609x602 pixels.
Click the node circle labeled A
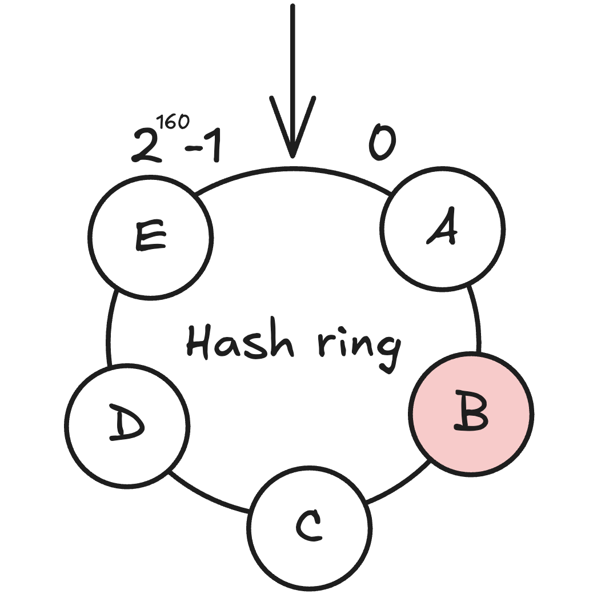tap(443, 228)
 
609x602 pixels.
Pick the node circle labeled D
tap(127, 426)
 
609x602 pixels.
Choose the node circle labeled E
tap(151, 237)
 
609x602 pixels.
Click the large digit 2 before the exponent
tap(145, 146)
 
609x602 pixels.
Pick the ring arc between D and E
tap(109, 328)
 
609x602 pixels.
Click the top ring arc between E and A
tap(293, 170)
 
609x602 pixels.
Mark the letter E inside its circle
tap(150, 235)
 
